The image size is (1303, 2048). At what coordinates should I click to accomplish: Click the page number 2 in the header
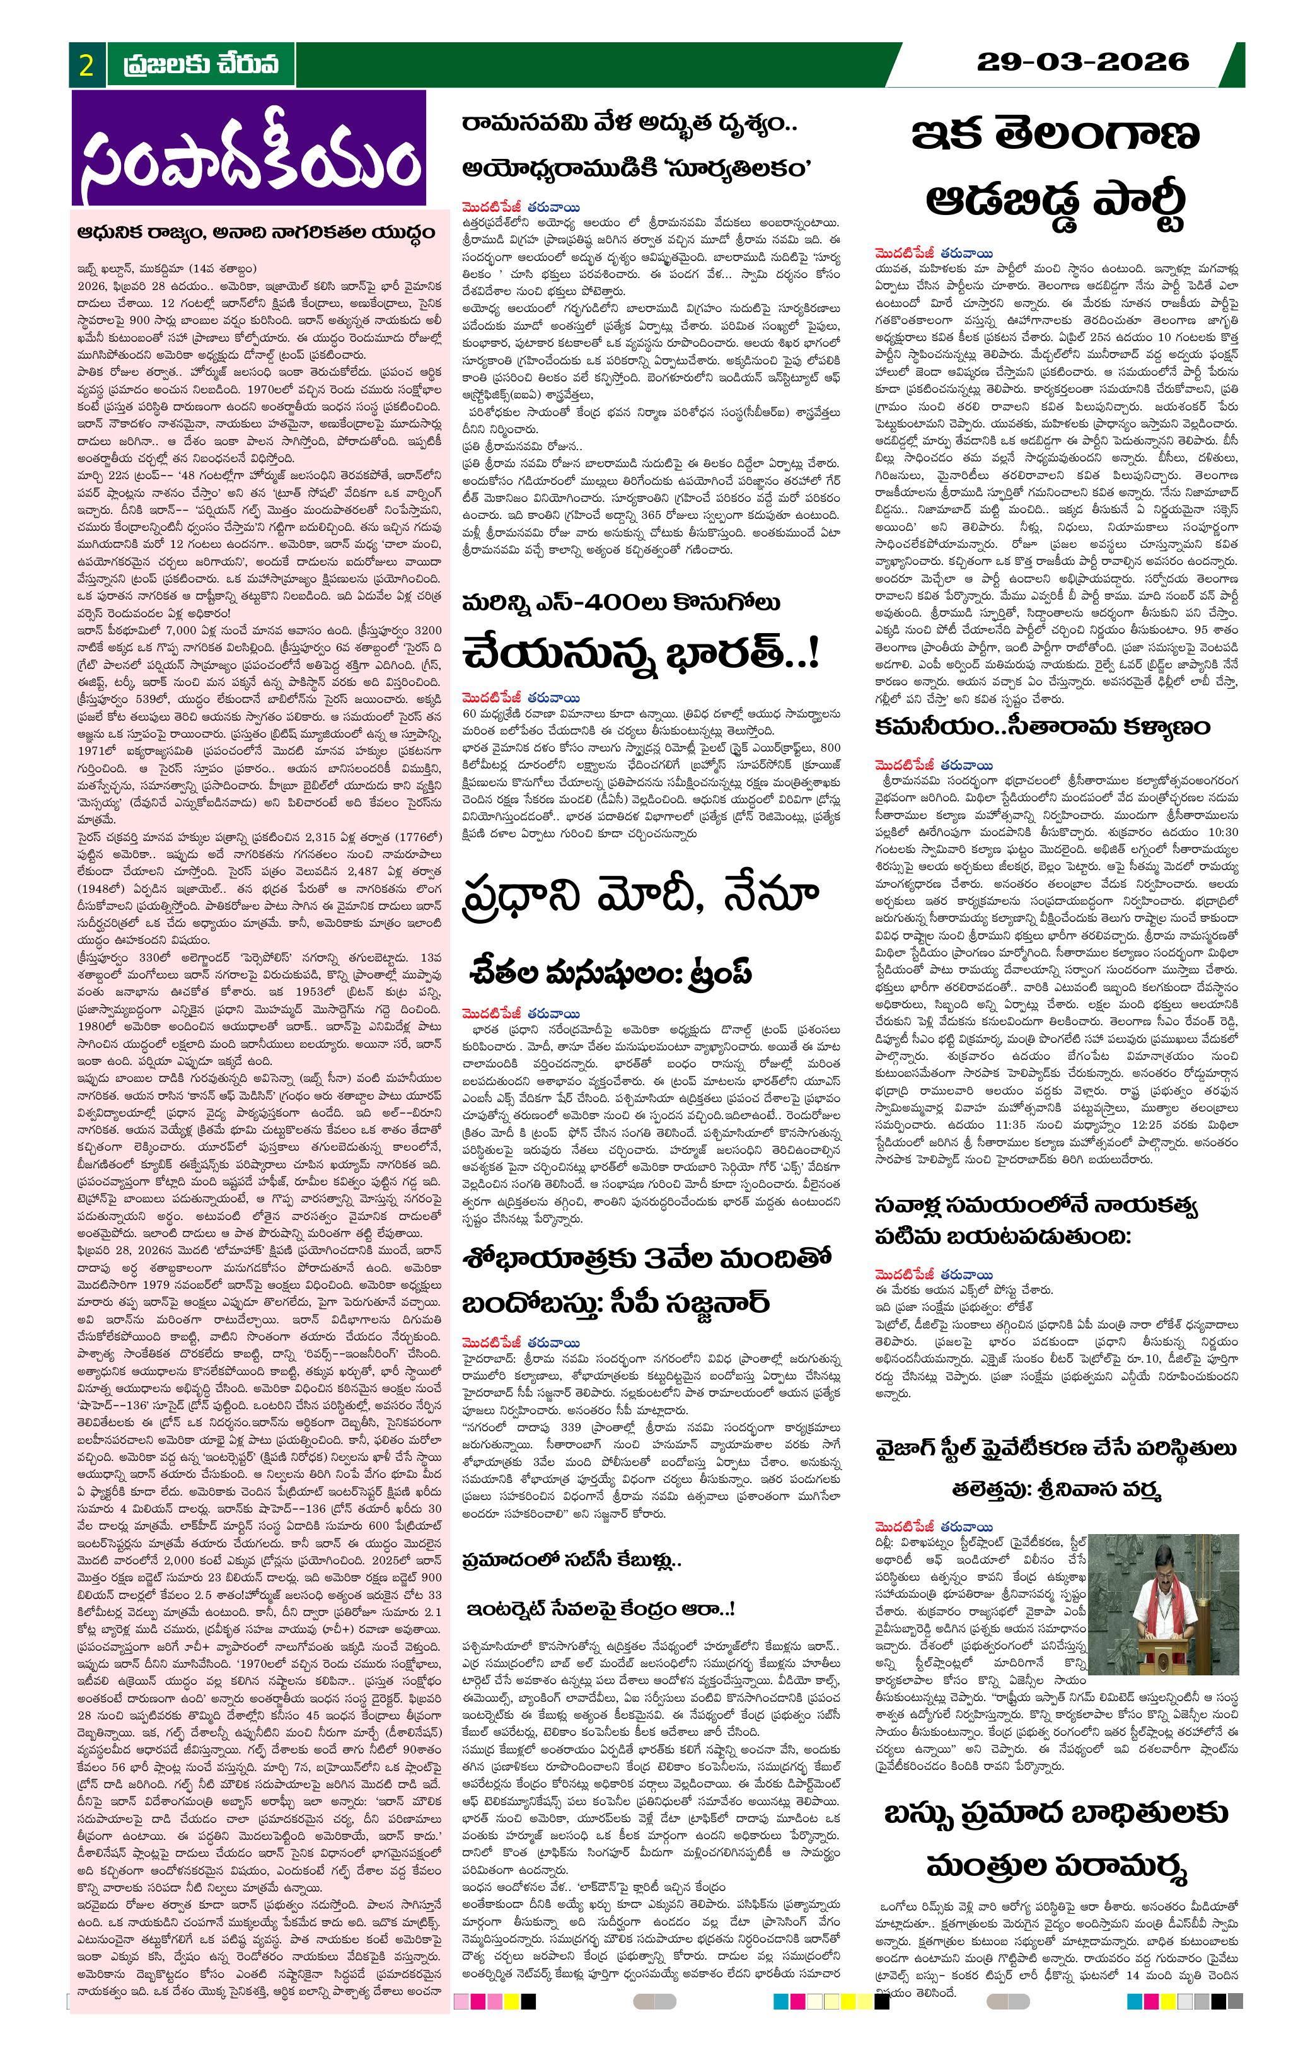86,65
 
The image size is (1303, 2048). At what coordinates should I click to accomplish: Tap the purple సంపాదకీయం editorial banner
249,149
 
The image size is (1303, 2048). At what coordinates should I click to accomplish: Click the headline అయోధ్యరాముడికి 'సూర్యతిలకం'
636,168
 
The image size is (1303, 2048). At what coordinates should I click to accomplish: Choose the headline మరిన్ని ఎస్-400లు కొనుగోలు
621,603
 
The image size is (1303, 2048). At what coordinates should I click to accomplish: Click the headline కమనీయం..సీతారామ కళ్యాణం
1042,726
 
